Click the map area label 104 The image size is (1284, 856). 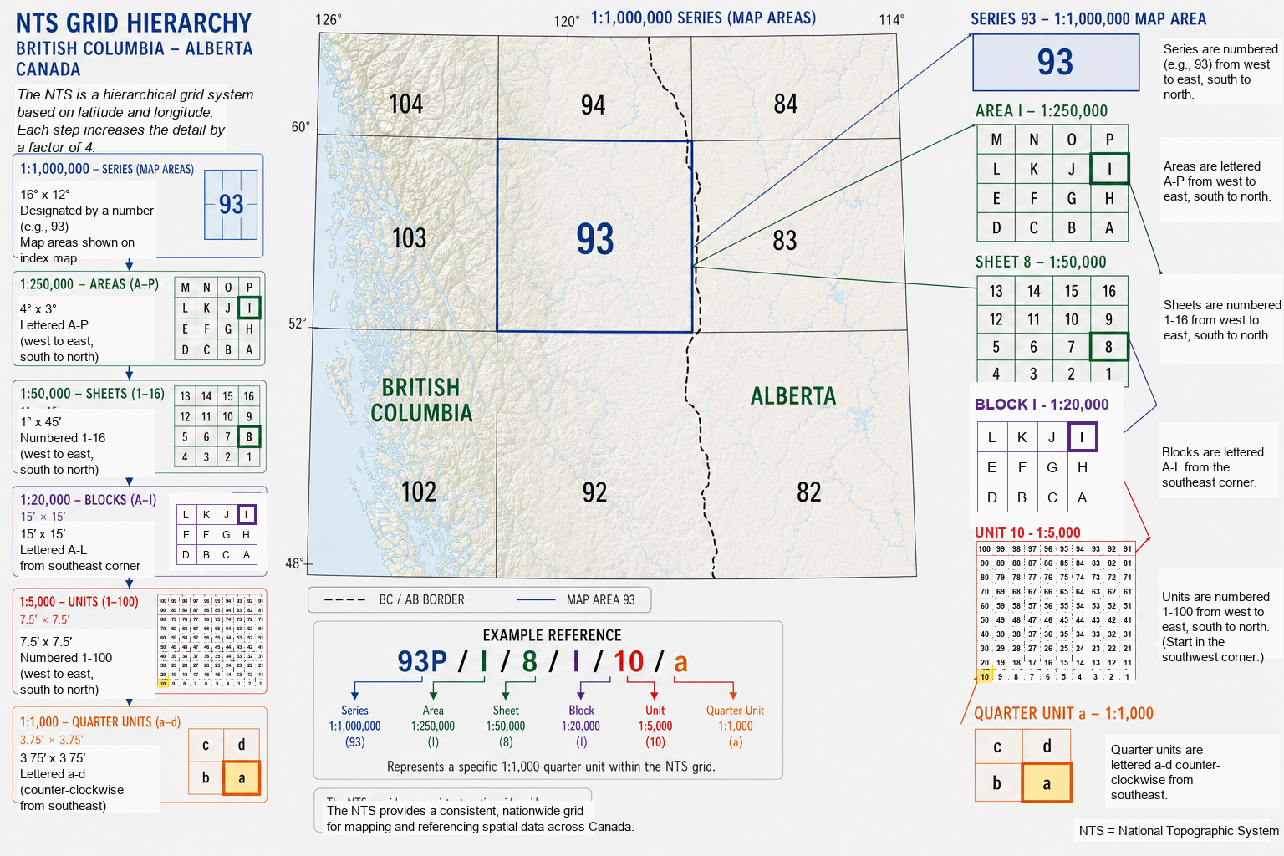click(406, 104)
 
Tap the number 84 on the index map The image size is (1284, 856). click(786, 104)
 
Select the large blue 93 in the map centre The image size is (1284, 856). click(595, 239)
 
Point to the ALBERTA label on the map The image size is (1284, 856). click(793, 396)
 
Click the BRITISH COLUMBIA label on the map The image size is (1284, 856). click(421, 400)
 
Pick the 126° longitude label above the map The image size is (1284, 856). click(329, 20)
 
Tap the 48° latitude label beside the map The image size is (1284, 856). click(294, 563)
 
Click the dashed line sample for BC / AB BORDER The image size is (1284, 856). click(344, 599)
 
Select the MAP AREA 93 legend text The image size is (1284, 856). click(600, 599)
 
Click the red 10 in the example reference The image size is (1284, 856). click(629, 661)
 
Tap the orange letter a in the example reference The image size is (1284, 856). click(680, 662)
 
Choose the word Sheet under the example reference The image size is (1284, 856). click(506, 711)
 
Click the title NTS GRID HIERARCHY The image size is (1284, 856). click(134, 23)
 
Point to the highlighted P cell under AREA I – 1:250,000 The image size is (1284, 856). click(1109, 140)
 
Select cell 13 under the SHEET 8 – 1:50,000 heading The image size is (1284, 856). click(996, 291)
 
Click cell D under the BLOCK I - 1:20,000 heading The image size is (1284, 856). click(992, 497)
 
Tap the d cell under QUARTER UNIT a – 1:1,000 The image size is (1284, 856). click(1047, 746)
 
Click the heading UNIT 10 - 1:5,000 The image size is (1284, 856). click(1027, 532)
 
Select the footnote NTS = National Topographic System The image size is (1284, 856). click(1179, 830)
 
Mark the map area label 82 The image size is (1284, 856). click(808, 492)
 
